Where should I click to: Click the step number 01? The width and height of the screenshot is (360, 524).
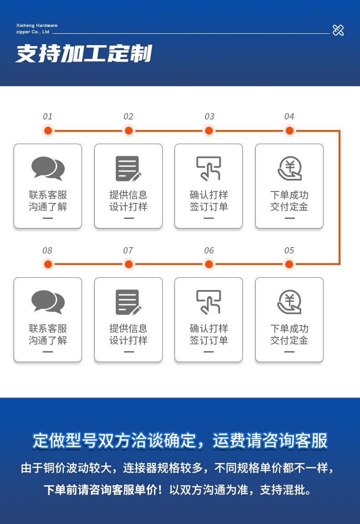click(48, 117)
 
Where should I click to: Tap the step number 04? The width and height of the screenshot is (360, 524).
click(289, 117)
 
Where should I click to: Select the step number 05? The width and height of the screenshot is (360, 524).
click(289, 250)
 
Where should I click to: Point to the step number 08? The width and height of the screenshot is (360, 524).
click(47, 250)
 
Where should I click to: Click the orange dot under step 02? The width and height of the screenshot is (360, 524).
click(129, 131)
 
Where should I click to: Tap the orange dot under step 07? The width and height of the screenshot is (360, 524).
click(129, 264)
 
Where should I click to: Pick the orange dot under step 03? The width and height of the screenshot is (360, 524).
click(209, 131)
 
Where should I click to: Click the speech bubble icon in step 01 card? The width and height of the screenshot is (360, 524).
click(48, 168)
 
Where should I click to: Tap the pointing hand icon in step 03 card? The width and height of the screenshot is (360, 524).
click(209, 168)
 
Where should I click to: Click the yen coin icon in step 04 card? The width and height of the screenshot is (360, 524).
click(289, 168)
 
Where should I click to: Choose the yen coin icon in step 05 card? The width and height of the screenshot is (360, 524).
click(289, 302)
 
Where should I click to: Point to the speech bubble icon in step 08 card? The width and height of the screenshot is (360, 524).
click(48, 302)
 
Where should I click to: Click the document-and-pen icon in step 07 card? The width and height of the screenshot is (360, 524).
click(128, 302)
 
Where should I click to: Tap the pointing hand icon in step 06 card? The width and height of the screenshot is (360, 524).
click(209, 302)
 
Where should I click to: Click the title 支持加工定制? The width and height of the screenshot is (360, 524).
click(84, 54)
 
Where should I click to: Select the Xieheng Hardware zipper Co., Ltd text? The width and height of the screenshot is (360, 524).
click(36, 29)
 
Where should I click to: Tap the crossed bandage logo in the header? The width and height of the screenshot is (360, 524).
click(338, 30)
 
